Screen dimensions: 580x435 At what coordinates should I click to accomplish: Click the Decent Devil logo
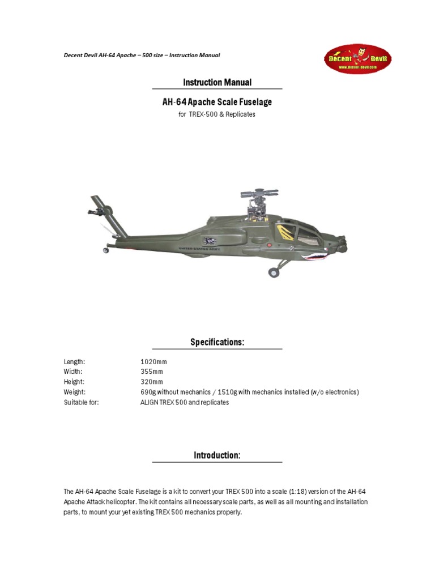357,59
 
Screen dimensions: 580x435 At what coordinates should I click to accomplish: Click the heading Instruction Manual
217,83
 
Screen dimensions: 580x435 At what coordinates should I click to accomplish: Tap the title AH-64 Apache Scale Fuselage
217,103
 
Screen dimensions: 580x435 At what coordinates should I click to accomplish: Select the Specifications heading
217,343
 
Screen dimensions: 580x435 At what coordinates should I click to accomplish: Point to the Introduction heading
217,455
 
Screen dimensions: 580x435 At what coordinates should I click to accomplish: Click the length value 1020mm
153,361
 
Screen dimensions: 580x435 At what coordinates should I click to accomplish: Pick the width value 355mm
151,372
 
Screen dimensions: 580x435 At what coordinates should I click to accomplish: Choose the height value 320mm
151,382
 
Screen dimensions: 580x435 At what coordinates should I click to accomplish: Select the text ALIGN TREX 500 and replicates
185,402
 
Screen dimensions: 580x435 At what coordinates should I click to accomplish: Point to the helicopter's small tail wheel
106,249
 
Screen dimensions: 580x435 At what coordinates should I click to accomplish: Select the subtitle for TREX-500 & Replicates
217,114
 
